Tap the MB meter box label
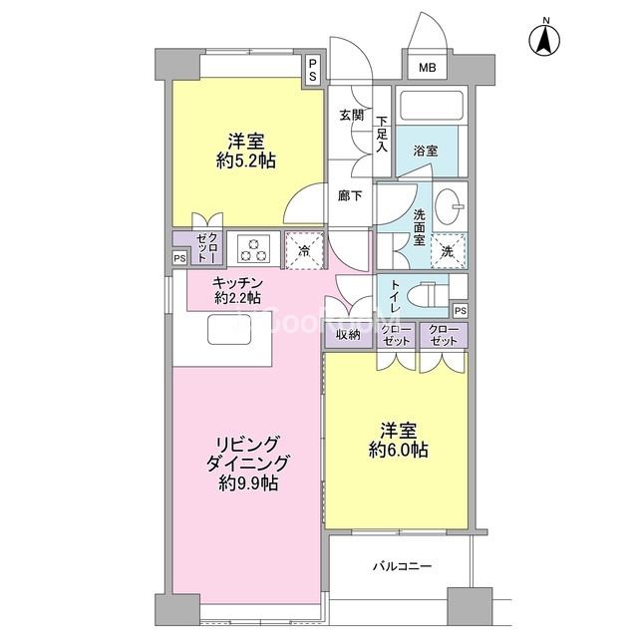428,67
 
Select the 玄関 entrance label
351,116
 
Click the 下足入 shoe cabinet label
382,134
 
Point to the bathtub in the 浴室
432,106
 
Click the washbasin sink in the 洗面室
450,205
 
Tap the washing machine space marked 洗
448,251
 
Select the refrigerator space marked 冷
304,250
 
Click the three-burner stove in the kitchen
254,249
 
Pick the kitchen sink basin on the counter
228,329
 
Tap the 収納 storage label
348,335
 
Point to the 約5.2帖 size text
246,161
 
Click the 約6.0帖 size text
399,450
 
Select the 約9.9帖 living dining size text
248,483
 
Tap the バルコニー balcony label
403,566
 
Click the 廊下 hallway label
350,196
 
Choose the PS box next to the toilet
461,311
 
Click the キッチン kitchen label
237,282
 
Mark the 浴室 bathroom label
426,151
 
